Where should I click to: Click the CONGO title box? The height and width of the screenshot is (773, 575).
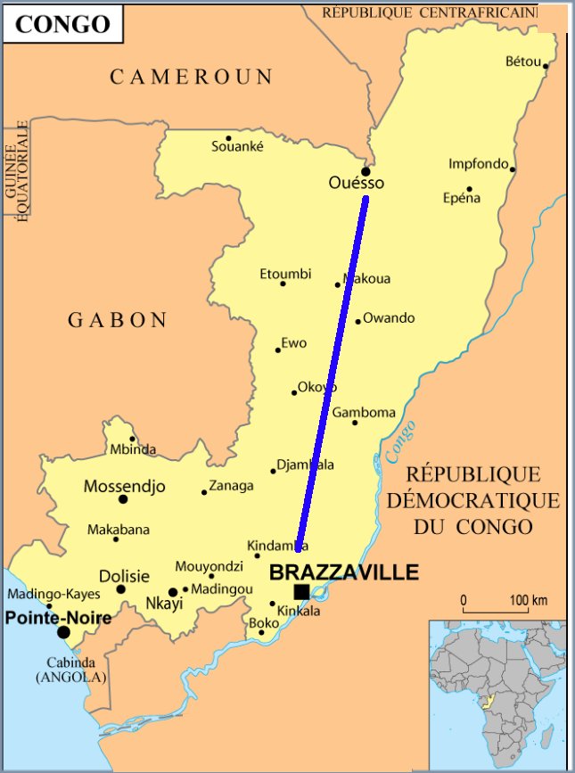click(62, 23)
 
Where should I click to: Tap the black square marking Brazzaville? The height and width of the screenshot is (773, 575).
click(302, 592)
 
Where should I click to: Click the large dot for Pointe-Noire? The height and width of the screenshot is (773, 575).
click(63, 632)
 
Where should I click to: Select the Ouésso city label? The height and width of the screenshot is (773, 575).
click(357, 183)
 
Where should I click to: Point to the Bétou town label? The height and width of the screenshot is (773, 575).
click(523, 62)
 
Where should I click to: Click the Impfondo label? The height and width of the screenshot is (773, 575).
click(478, 164)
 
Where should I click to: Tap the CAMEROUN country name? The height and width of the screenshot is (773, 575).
click(192, 78)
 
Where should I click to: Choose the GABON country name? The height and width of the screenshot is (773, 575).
click(118, 320)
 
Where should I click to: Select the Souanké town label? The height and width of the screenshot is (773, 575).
click(237, 147)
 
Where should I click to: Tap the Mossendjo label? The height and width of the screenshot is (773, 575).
click(124, 487)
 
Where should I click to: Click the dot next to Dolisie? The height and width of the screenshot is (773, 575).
click(121, 588)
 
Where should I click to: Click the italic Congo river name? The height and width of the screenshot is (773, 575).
click(400, 442)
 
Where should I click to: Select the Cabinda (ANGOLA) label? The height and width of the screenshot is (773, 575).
click(71, 670)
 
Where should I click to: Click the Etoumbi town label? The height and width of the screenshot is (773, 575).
click(285, 274)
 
